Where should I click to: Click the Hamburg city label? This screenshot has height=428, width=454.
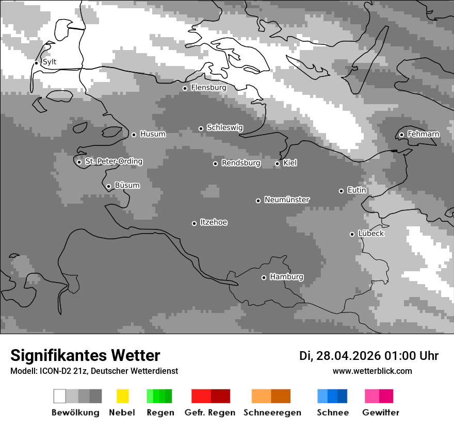(x=286, y=277)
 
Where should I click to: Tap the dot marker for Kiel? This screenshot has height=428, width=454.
(x=277, y=163)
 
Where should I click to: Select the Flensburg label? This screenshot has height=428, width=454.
(x=208, y=88)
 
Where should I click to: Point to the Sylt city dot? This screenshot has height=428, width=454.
(x=37, y=63)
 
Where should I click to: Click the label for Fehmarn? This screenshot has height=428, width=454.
(x=423, y=134)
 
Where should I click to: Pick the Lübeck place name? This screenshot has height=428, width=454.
(x=371, y=234)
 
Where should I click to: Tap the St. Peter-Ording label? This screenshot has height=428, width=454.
(x=113, y=161)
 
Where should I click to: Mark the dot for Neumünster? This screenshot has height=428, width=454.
(x=258, y=201)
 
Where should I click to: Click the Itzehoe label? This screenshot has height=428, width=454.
(x=214, y=222)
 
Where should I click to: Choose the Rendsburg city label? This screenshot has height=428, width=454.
(x=241, y=163)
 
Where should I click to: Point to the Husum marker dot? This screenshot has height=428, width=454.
(x=134, y=135)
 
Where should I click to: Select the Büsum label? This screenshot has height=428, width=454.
(x=127, y=185)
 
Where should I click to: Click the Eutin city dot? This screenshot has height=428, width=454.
(x=341, y=191)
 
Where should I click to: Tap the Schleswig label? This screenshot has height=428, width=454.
(x=224, y=127)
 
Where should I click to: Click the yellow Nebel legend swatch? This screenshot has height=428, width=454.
(x=122, y=396)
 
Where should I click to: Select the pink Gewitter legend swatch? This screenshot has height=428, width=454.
(x=379, y=396)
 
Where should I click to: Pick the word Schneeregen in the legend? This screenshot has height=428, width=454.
(x=272, y=413)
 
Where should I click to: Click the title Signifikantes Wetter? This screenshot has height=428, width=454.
(x=85, y=355)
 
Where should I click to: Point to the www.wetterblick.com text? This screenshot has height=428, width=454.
(x=372, y=371)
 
